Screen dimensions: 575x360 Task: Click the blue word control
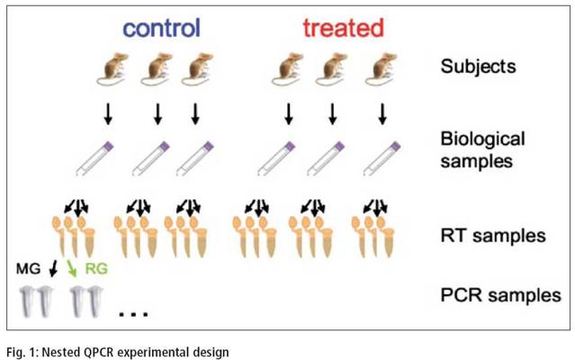click(162, 28)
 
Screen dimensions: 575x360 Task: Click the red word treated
click(343, 28)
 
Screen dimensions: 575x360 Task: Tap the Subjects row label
click(478, 67)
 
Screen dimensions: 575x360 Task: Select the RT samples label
click(493, 236)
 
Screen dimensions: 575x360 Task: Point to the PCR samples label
click(500, 295)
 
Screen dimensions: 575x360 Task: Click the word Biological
click(482, 139)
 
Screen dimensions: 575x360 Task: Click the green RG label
click(96, 269)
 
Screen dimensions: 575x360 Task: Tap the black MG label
click(28, 269)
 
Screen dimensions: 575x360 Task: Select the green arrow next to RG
click(72, 269)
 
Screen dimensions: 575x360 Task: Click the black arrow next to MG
click(54, 269)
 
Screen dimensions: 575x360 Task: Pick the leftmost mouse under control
click(112, 69)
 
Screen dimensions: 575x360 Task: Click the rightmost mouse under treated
click(382, 69)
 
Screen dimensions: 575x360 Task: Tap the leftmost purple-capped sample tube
click(94, 158)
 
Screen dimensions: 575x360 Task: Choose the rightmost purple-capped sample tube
click(382, 158)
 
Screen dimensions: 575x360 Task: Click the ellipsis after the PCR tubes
click(134, 314)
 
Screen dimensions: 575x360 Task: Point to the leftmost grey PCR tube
click(28, 302)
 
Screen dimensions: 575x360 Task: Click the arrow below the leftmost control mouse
click(108, 114)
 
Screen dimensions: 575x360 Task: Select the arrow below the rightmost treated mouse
click(382, 114)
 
